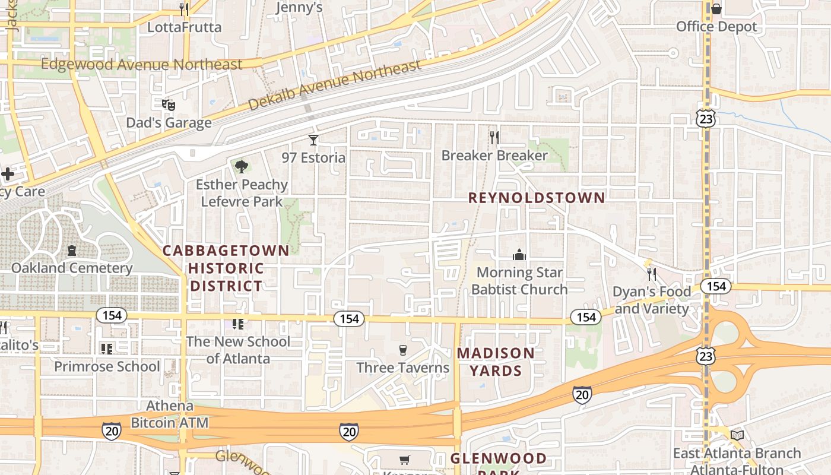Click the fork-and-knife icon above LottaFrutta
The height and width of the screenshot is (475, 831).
(184, 9)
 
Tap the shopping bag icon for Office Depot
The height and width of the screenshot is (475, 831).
(716, 9)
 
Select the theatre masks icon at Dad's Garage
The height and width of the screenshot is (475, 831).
(169, 105)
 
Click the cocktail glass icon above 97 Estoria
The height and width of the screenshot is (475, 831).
(313, 140)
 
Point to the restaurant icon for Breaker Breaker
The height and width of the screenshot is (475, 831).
(494, 138)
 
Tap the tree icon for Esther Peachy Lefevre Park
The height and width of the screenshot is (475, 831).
(241, 167)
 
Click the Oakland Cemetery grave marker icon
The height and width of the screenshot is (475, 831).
(72, 251)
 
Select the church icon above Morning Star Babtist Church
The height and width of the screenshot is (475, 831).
(519, 255)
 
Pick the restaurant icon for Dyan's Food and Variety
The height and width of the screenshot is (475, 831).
(652, 274)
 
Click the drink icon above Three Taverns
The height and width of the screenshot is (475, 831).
(403, 350)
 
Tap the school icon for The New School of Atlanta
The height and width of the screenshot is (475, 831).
(238, 324)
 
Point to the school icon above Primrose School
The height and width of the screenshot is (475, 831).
(107, 349)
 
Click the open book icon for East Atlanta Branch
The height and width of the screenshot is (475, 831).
(737, 436)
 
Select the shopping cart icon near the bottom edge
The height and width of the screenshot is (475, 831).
(404, 459)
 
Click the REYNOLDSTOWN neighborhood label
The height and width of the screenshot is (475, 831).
(537, 198)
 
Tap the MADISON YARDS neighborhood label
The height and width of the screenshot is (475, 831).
(496, 362)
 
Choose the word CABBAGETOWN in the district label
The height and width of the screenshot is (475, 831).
(226, 251)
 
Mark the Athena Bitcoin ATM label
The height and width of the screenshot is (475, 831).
(170, 414)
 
